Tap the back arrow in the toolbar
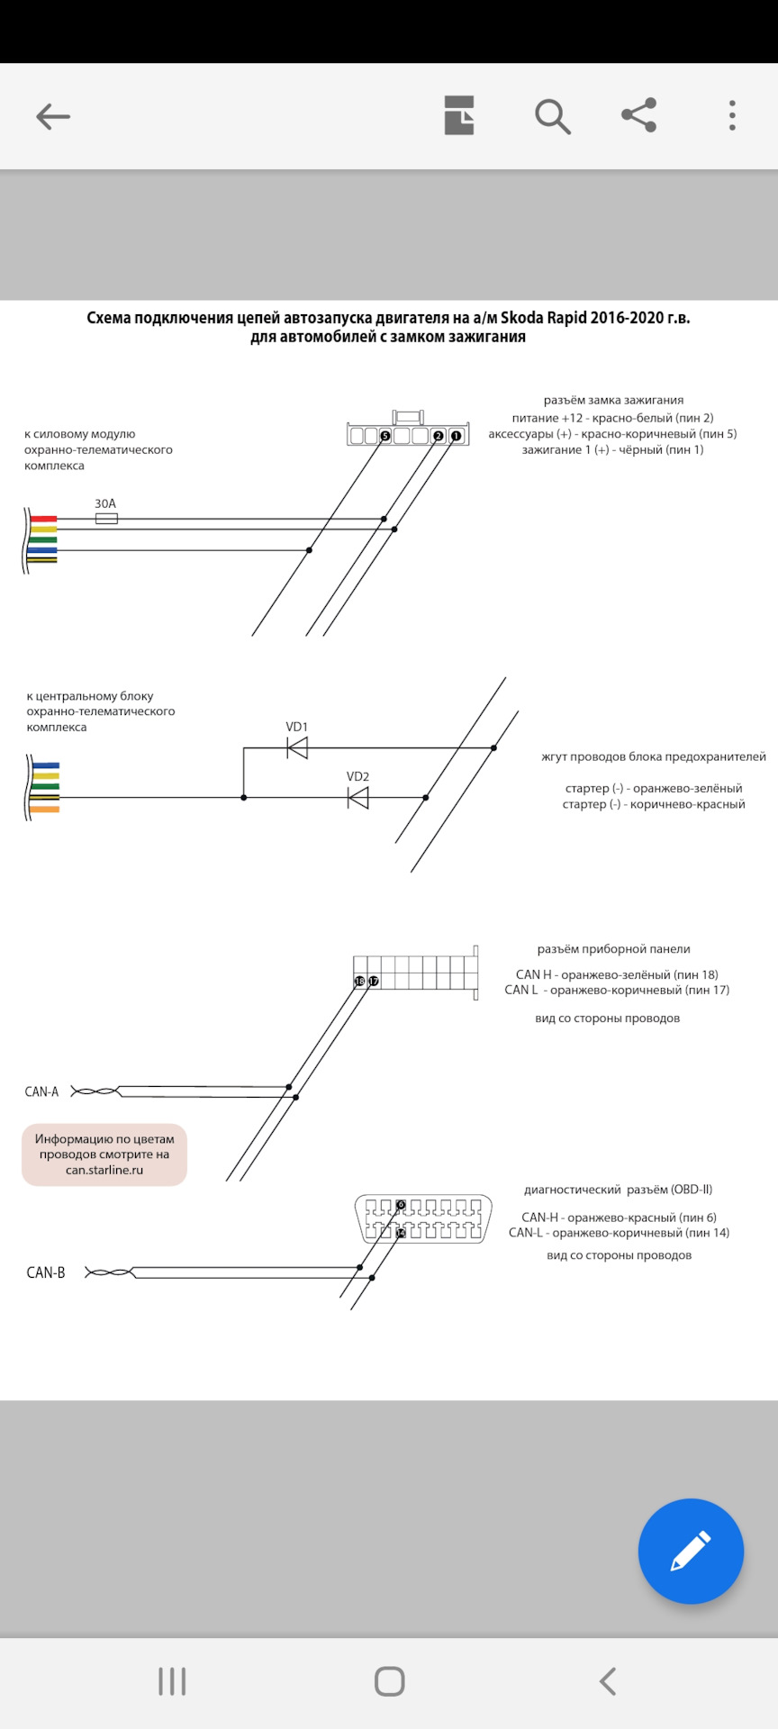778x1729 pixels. [x=53, y=116]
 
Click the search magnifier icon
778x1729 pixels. [x=552, y=116]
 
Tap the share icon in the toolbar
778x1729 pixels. [x=639, y=115]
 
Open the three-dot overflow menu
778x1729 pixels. [x=732, y=115]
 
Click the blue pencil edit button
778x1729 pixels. [x=691, y=1551]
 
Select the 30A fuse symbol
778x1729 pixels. [x=106, y=519]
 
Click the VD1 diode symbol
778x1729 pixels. [x=297, y=747]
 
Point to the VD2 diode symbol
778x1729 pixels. [x=358, y=797]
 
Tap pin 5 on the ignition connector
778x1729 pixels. [x=385, y=437]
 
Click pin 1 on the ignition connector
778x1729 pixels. [x=457, y=437]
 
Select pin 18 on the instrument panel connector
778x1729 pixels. [x=360, y=981]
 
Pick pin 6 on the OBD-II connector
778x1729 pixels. [x=401, y=1205]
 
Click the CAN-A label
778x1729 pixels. [x=41, y=1091]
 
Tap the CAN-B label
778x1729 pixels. [x=46, y=1272]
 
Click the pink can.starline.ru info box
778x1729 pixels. [x=104, y=1154]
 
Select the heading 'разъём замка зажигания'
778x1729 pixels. [x=613, y=400]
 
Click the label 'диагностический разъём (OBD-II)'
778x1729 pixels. [x=618, y=1190]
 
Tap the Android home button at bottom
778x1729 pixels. [x=389, y=1681]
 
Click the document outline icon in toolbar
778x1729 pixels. [x=459, y=115]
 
